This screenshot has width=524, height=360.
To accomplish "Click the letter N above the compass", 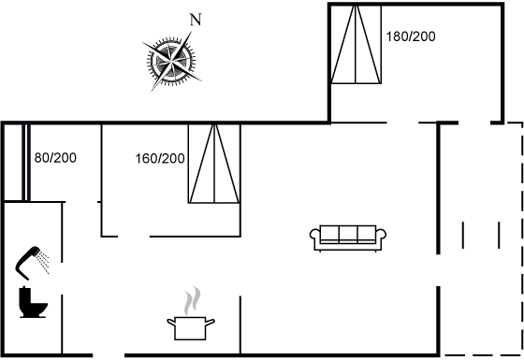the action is [x=196, y=20].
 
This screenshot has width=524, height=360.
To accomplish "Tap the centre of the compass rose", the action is [x=171, y=62].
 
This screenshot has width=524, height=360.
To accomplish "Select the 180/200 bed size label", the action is [x=411, y=36].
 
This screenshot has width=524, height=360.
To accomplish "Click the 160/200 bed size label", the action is [x=160, y=158].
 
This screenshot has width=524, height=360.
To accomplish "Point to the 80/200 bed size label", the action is [x=55, y=158].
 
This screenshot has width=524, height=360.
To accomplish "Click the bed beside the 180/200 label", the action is [x=357, y=44].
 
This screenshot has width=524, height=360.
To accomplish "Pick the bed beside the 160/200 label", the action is [x=214, y=164].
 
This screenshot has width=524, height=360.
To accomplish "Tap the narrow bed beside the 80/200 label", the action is [x=26, y=163].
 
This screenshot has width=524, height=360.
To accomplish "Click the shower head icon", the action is [x=27, y=262].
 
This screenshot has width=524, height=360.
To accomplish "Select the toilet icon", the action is [x=33, y=302].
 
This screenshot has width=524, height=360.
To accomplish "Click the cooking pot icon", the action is [x=191, y=328].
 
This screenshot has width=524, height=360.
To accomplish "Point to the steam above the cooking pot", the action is [x=192, y=300].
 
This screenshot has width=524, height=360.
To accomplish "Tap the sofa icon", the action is [x=348, y=238].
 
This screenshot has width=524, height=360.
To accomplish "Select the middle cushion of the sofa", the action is [x=348, y=234].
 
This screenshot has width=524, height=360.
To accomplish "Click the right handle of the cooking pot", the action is [x=211, y=323].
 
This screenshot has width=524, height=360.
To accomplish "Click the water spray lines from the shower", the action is [x=43, y=263].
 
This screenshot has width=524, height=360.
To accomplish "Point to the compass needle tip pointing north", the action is [x=192, y=32].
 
